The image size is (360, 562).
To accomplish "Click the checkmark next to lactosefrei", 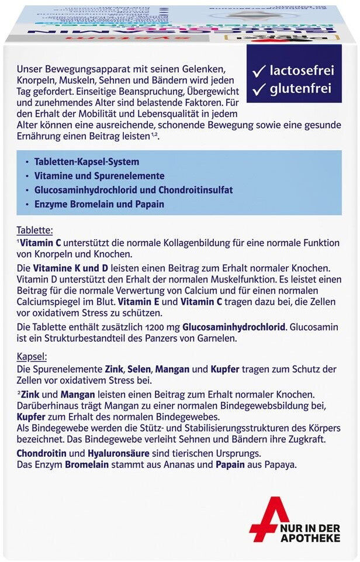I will pos(258,71).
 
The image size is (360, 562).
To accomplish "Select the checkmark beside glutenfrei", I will pos(258,89).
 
